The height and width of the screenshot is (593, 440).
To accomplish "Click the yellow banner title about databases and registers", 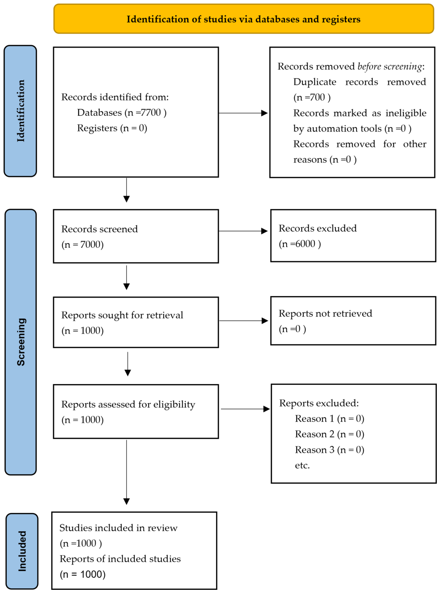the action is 243,19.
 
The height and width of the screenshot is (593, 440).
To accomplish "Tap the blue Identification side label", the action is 20,111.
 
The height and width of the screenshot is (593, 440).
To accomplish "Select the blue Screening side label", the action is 21,342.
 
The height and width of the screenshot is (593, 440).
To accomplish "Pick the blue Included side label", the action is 22,551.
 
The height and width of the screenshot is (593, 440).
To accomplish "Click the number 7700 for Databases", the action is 151,113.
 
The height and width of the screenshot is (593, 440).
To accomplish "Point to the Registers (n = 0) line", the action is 112,128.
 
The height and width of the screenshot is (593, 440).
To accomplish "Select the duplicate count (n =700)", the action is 312,98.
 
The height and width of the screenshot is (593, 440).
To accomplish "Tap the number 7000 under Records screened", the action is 90,244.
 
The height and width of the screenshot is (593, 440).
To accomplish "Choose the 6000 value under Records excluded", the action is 305,244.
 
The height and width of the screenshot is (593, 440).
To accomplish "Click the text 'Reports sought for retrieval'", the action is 122,315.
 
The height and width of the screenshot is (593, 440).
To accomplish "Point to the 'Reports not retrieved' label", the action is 325,313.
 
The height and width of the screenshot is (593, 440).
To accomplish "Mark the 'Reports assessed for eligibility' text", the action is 128,404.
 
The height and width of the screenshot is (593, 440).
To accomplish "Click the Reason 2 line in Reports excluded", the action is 330,434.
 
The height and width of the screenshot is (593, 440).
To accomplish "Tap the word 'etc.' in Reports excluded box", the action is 302,465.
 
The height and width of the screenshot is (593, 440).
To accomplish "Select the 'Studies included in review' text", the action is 118,528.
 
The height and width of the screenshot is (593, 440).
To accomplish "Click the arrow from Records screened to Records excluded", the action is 243,231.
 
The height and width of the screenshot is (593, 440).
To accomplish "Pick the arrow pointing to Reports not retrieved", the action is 243,321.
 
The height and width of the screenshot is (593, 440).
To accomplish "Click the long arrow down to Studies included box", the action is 126,472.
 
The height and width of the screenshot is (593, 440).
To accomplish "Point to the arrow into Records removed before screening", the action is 243,113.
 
